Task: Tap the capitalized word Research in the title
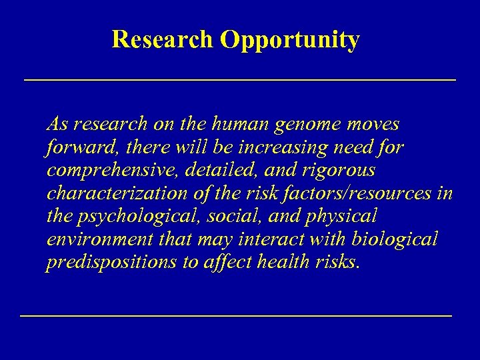point(163,40)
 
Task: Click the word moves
point(373,125)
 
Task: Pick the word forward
point(73,147)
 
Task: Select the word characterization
point(112,193)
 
